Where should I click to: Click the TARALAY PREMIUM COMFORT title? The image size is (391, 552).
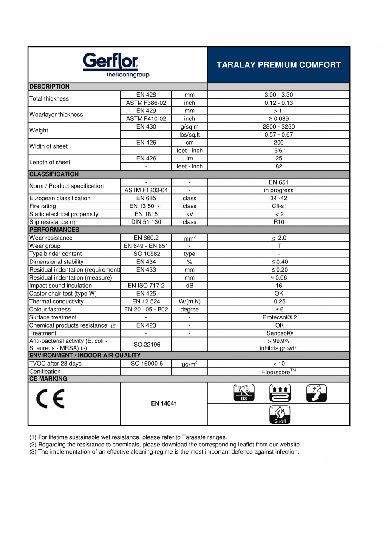[278, 65]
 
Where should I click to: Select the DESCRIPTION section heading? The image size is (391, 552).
[49, 87]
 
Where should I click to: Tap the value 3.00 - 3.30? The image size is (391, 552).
[278, 95]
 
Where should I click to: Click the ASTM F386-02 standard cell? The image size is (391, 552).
[146, 103]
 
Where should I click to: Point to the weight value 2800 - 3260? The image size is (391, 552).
[278, 126]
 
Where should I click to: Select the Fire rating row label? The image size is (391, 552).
[42, 206]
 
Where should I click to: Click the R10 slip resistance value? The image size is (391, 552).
[278, 222]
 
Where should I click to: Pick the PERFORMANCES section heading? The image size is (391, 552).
[54, 230]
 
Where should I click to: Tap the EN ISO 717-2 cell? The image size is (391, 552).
[146, 286]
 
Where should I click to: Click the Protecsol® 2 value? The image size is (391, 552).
[278, 317]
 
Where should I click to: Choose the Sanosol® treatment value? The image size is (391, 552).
[278, 333]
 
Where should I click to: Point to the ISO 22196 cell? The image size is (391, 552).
[146, 345]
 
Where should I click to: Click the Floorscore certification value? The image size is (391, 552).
[278, 371]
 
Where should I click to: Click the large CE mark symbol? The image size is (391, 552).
[50, 399]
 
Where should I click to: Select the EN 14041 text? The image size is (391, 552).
[164, 403]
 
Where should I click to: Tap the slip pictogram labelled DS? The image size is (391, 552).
[244, 393]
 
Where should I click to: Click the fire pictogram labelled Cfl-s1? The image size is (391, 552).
[280, 415]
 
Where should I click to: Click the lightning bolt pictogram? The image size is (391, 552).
[316, 393]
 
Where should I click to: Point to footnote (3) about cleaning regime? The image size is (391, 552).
[164, 452]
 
